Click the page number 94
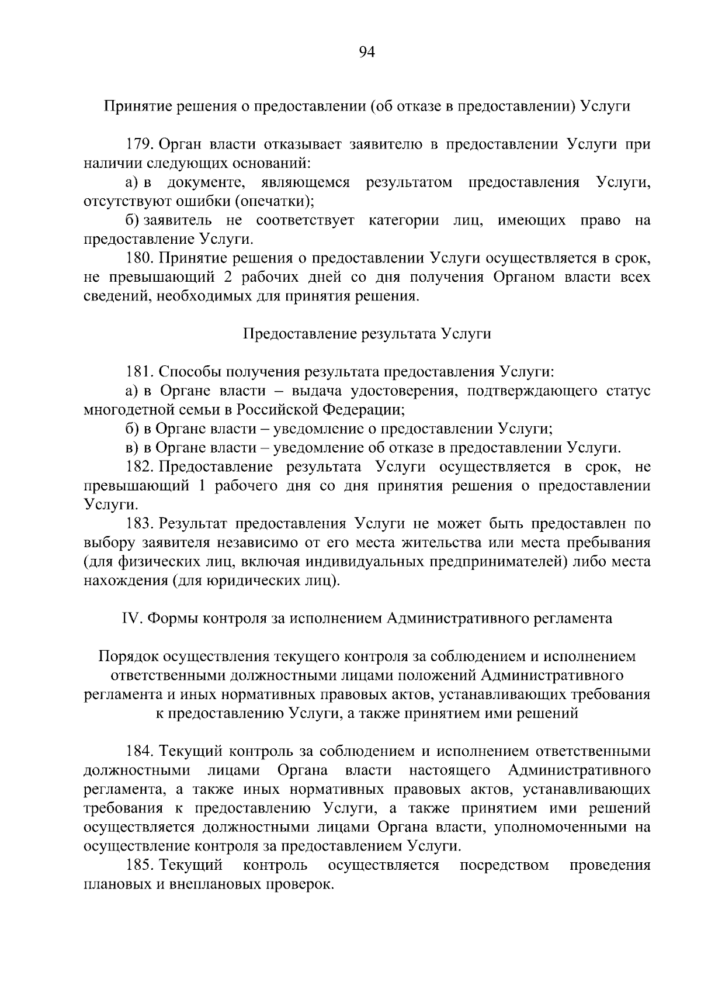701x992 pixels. [366, 53]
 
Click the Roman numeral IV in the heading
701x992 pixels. [129, 618]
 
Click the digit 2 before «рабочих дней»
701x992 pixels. [228, 277]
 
